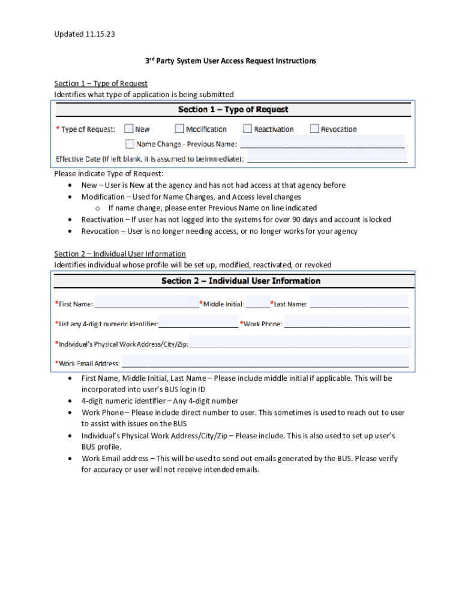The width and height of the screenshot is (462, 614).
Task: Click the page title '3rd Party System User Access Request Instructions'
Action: pos(232,61)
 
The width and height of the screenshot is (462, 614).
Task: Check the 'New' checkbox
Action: pos(129,129)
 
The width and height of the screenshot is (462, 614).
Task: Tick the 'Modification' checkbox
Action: pos(179,129)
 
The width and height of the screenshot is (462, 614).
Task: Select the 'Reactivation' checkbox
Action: pos(248,129)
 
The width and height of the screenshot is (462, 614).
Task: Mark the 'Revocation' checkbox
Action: pos(314,129)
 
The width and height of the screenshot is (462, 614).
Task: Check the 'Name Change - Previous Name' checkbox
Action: pos(130,144)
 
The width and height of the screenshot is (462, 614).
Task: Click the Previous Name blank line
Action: pos(322,144)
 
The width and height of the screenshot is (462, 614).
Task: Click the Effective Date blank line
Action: pos(327,159)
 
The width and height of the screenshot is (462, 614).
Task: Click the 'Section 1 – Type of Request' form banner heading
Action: pos(233,110)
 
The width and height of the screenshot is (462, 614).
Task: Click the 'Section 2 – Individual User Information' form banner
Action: pos(241,281)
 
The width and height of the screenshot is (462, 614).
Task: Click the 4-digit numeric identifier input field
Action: pos(198,324)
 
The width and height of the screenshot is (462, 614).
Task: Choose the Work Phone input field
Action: pos(347,324)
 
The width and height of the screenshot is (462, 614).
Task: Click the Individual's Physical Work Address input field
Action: pos(300,344)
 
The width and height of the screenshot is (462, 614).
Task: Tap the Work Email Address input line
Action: pos(265,363)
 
